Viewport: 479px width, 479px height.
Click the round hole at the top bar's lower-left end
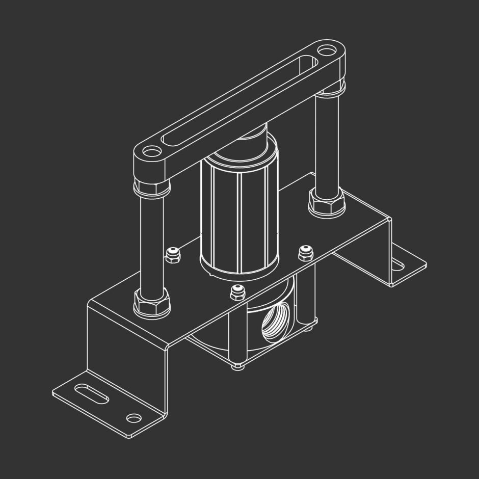pos(150,152)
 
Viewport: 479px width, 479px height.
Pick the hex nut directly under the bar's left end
pos(151,187)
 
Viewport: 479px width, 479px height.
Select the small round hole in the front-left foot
pos(134,418)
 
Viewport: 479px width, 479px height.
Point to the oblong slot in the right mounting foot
pos(397,263)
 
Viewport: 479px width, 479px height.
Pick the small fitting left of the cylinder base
pos(173,254)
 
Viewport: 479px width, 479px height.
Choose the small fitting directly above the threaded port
pos(236,292)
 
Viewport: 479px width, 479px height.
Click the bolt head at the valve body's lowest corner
pos(237,365)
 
